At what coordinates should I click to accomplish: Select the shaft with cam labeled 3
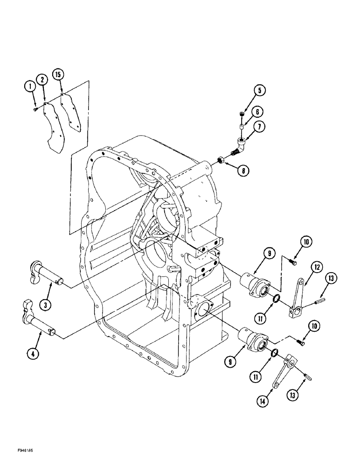[47, 275]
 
